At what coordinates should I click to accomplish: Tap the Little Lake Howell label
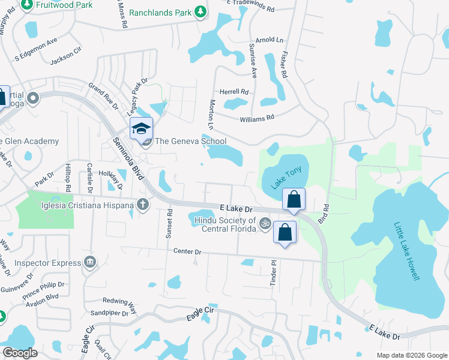tap(406, 251)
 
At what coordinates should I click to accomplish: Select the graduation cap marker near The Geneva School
tap(141, 128)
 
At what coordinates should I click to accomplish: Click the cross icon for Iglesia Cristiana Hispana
tap(142, 205)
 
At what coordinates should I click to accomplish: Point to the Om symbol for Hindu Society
tap(262, 224)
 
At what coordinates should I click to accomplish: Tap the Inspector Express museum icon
tap(90, 262)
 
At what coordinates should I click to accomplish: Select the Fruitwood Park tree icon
tap(27, 5)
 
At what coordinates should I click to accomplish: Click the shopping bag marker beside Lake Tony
tap(294, 199)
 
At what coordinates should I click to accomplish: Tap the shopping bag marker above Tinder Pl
tap(285, 232)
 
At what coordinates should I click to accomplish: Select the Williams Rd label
tap(256, 119)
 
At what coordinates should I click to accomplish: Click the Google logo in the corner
tap(20, 353)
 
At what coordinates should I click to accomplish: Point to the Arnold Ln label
tap(269, 40)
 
